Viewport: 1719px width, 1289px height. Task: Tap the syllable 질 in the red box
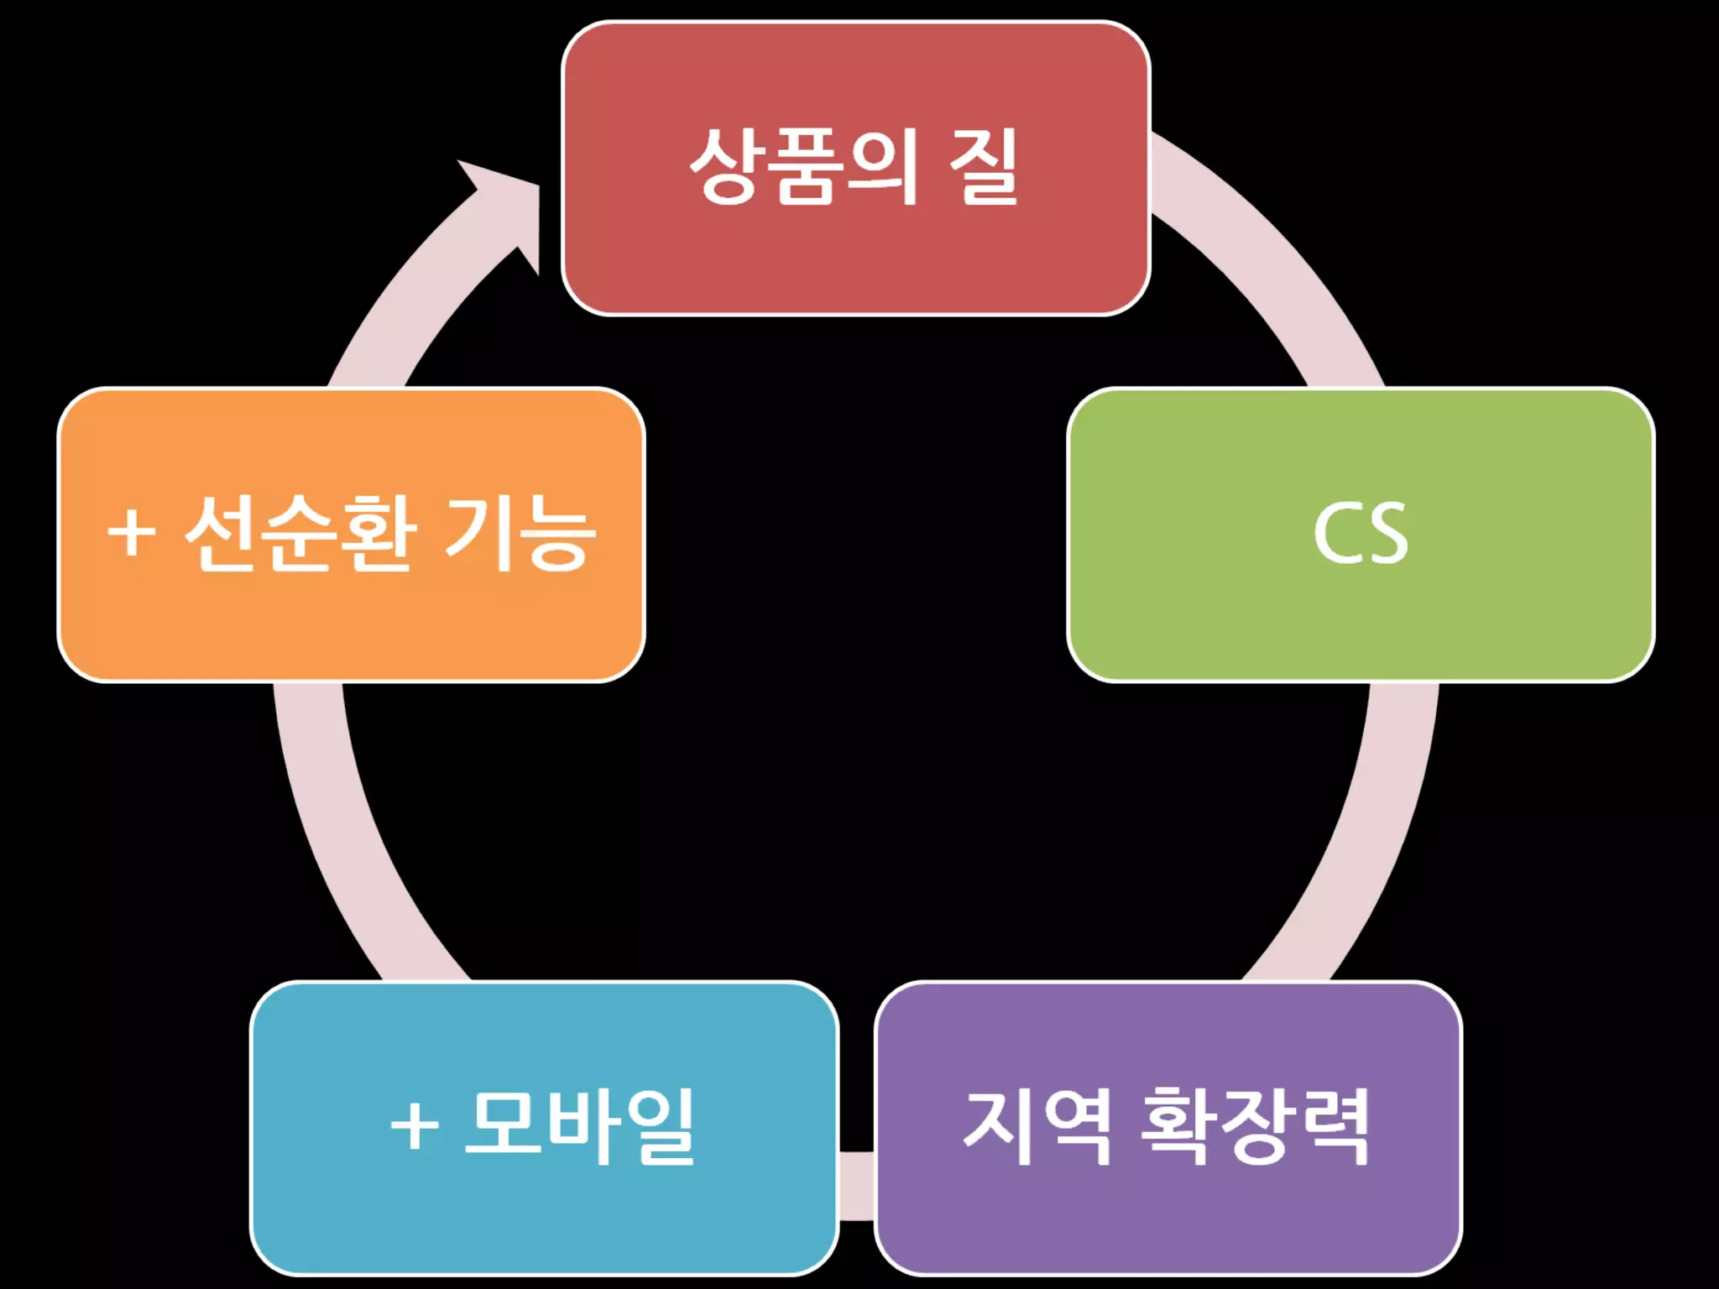[983, 166]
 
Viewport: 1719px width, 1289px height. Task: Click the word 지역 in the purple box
[1037, 1126]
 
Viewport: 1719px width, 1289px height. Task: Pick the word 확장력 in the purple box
[1255, 1126]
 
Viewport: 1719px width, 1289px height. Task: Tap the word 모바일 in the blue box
[579, 1126]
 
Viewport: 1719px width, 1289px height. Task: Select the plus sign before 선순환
[132, 533]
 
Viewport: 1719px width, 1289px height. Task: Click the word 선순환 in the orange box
[300, 533]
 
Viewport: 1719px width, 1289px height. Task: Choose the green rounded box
[1360, 621]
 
